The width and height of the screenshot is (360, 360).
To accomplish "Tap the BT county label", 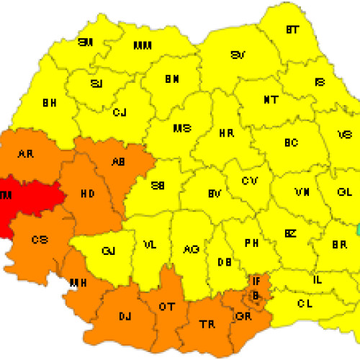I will point(293,30).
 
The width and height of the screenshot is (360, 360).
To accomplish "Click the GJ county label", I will point(109,250).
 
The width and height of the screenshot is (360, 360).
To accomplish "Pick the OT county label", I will point(167,307).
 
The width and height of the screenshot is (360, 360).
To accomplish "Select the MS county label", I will point(181,129).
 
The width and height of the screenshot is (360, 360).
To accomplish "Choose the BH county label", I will point(49,103).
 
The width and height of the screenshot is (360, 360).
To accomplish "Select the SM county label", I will point(86,42).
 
